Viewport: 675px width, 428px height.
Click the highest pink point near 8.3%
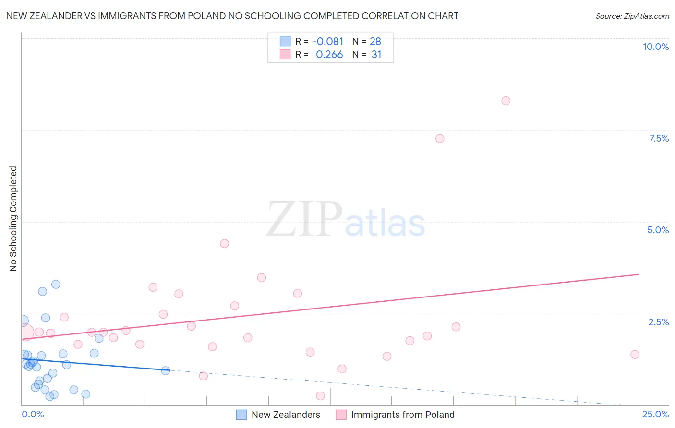click(x=506, y=101)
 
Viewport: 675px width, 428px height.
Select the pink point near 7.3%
click(x=440, y=139)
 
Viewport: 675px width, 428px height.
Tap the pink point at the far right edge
click(x=635, y=355)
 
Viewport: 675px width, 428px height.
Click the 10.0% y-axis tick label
click(x=655, y=47)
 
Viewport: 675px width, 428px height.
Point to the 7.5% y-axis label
click(x=659, y=138)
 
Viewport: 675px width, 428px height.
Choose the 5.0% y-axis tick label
click(x=658, y=230)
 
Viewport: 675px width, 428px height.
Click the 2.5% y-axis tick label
click(x=658, y=322)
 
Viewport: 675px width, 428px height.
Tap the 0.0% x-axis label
click(x=33, y=414)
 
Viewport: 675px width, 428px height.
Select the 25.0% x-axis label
click(x=655, y=414)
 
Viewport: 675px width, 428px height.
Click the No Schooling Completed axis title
click(x=13, y=219)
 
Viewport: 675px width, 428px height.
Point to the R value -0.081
click(x=327, y=42)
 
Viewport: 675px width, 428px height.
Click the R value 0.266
click(x=329, y=55)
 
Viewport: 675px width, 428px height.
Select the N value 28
click(x=375, y=42)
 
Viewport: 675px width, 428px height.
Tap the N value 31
click(x=376, y=55)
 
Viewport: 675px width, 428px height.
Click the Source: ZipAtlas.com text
click(x=632, y=16)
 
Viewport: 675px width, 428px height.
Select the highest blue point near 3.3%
click(x=56, y=284)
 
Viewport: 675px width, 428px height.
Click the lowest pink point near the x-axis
click(x=320, y=396)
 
